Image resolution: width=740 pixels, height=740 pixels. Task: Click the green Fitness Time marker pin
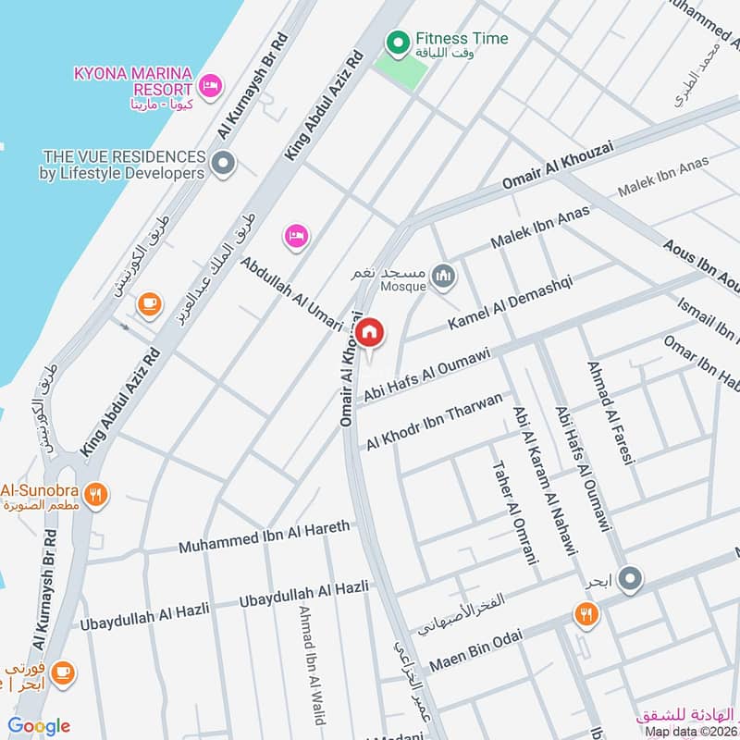point(398,42)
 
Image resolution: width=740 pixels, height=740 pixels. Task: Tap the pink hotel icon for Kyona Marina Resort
point(210,87)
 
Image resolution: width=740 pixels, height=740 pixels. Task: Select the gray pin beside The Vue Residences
point(222,165)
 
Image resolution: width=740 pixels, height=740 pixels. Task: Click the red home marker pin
point(369,333)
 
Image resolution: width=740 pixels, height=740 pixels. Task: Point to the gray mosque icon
point(445,276)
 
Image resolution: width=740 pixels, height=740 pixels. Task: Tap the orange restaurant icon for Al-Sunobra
point(95,496)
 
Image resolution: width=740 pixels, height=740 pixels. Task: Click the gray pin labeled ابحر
point(630,580)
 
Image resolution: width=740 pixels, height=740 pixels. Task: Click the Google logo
point(39,726)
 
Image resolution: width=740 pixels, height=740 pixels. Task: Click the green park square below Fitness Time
point(401,70)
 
